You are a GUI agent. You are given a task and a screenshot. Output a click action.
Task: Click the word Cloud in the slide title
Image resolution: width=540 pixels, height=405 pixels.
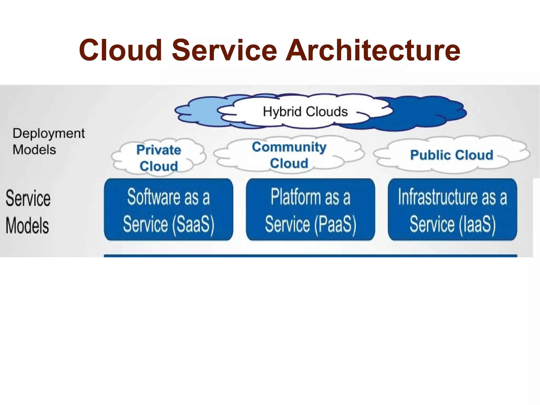tap(120, 50)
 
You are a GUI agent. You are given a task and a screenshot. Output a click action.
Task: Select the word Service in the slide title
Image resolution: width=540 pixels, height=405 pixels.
tap(224, 50)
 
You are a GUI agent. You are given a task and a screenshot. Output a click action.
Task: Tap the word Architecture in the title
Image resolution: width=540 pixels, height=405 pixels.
tap(373, 50)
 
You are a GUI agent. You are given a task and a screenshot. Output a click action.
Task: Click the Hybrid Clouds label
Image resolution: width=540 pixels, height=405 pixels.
tap(305, 112)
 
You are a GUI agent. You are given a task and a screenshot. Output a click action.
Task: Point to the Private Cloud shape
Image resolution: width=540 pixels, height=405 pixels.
tap(159, 158)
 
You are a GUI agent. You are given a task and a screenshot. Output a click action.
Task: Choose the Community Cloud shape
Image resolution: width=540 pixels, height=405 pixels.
tap(289, 155)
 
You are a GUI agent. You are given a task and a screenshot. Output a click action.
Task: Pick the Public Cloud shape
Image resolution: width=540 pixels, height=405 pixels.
tap(451, 155)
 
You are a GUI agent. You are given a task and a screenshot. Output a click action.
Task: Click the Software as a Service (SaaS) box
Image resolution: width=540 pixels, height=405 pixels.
tap(168, 209)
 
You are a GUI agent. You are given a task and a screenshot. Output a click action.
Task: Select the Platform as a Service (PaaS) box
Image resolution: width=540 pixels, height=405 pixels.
tap(310, 209)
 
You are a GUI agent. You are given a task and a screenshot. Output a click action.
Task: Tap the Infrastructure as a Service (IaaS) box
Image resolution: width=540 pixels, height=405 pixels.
tap(452, 209)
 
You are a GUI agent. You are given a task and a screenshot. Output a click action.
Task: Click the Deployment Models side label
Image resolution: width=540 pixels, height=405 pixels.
tap(49, 141)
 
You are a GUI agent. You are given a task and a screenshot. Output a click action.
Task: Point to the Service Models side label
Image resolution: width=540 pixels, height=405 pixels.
tap(28, 212)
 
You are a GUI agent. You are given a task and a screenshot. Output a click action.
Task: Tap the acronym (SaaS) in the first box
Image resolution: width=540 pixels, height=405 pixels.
tap(193, 225)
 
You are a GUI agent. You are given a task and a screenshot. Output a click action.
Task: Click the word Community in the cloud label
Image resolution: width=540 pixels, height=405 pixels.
tap(289, 147)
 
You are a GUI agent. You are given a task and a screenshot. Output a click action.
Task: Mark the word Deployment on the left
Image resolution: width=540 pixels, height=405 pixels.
tap(49, 134)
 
